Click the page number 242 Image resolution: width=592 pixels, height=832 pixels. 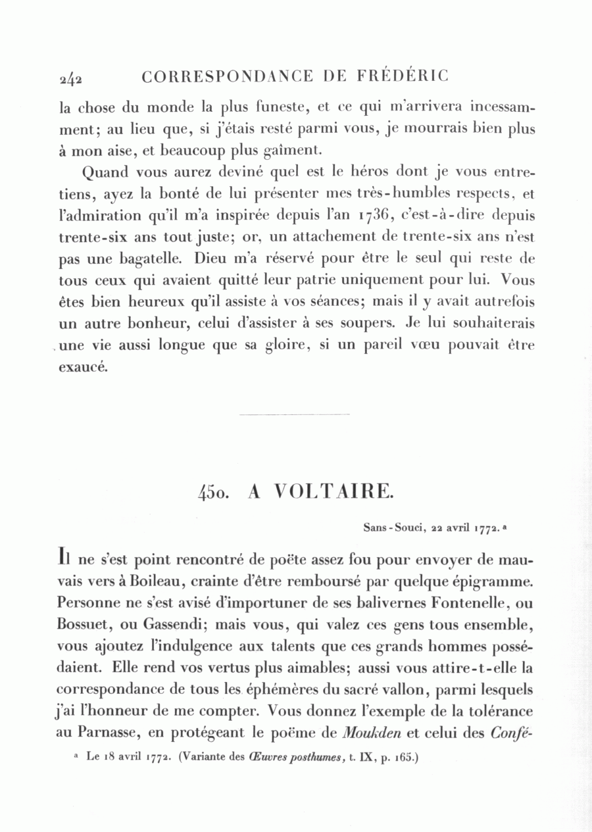pos(70,78)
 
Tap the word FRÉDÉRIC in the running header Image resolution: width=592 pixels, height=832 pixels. pos(403,76)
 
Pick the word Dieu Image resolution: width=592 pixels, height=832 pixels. pos(210,258)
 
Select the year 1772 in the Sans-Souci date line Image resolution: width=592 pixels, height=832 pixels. pos(487,527)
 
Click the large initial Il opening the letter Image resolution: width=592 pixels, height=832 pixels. pos(64,559)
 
